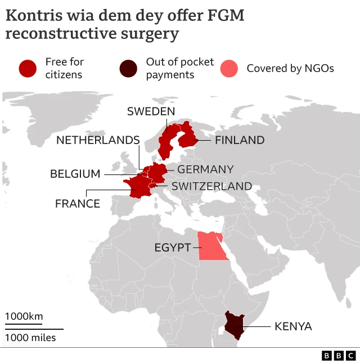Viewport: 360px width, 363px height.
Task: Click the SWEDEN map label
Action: point(151,111)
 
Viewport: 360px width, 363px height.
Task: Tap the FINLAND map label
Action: point(240,140)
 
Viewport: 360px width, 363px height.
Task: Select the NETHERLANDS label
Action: point(97,140)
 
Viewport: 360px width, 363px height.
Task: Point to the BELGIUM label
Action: point(75,174)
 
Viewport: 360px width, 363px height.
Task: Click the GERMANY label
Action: point(205,169)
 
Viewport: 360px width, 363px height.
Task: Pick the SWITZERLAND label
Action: point(211,186)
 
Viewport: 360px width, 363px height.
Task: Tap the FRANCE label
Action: point(78,204)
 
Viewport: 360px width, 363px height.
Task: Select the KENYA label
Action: point(292,326)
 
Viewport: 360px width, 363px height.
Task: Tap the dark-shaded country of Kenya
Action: point(235,325)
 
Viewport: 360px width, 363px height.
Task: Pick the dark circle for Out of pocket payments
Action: point(128,68)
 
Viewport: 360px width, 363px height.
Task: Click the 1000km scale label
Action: point(24,316)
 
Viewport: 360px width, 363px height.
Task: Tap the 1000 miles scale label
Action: point(31,338)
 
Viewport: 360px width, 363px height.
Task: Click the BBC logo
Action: point(339,356)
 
